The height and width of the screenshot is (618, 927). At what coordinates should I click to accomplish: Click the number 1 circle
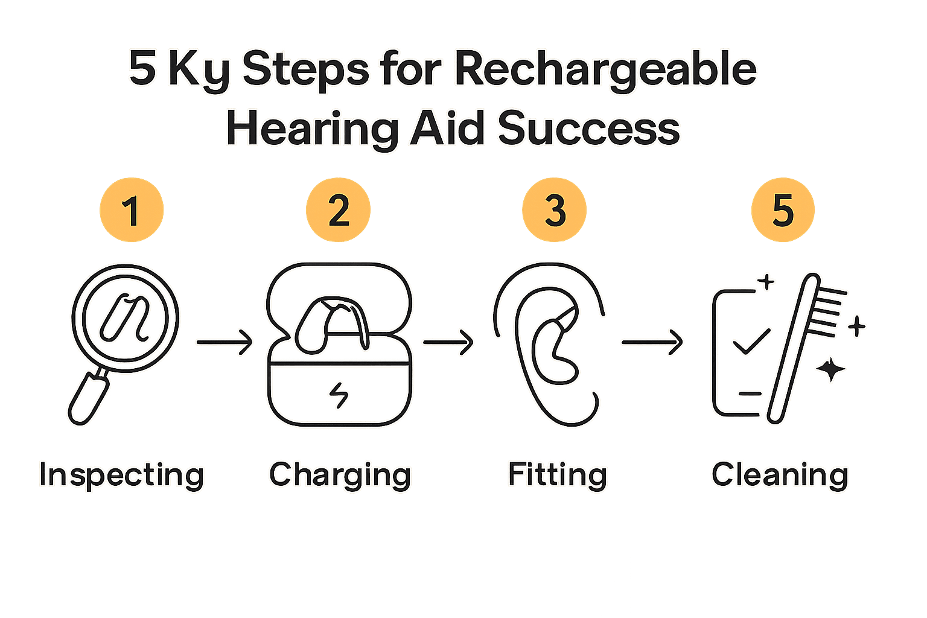[132, 210]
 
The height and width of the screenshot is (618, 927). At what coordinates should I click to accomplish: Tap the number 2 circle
[338, 210]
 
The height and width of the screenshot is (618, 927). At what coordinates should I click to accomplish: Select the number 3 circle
[554, 210]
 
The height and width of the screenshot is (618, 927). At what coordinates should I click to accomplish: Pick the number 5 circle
[783, 210]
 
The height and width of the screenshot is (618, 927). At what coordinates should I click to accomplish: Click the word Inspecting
[122, 475]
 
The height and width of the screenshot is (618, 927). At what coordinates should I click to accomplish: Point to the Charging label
[340, 475]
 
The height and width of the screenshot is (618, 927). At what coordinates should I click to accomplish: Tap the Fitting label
[557, 475]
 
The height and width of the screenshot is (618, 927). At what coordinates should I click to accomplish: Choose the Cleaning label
[780, 475]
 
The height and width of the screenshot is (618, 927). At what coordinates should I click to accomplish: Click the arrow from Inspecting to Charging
[225, 342]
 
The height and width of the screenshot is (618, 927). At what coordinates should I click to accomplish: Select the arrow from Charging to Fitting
[448, 342]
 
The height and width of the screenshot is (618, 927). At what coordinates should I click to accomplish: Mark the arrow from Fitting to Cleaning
[652, 342]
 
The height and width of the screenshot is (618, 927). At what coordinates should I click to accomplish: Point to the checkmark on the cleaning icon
[751, 342]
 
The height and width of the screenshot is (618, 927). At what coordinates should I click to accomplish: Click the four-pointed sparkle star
[831, 369]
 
